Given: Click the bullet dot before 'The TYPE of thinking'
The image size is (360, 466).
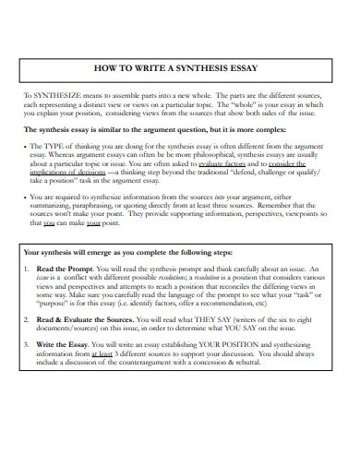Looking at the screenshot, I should coord(27,147).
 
